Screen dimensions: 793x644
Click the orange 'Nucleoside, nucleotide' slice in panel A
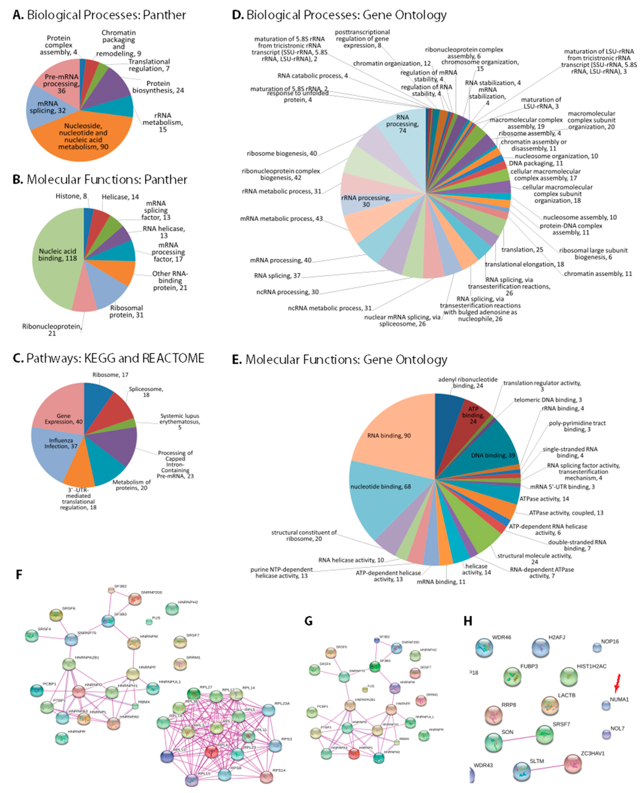84,137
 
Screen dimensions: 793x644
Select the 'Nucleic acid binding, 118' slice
57,255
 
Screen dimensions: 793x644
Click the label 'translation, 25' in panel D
522,250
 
